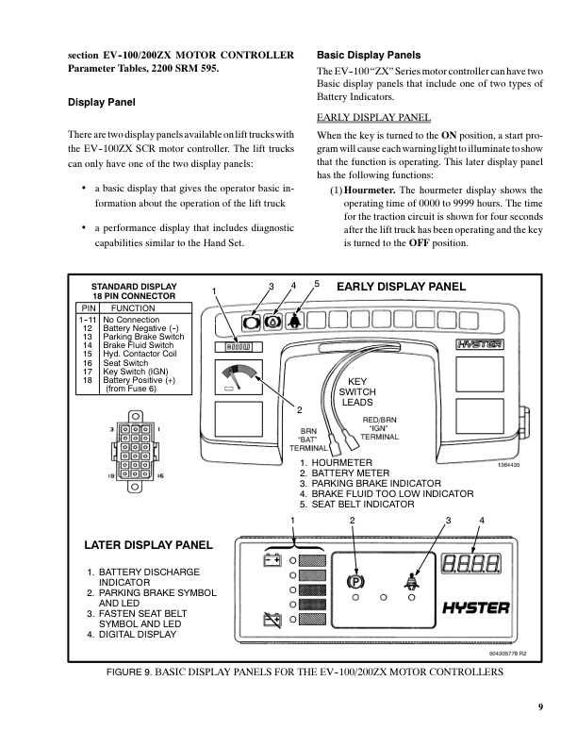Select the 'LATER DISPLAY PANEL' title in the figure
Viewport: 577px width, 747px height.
(149, 545)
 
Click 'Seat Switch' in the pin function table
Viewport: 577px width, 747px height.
(125, 363)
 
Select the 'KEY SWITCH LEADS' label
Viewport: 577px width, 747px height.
(357, 391)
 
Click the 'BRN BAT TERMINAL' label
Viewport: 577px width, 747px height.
(307, 439)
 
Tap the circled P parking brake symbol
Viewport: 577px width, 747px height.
(356, 582)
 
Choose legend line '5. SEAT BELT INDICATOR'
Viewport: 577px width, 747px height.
(356, 505)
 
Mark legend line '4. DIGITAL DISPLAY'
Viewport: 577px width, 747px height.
(131, 634)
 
